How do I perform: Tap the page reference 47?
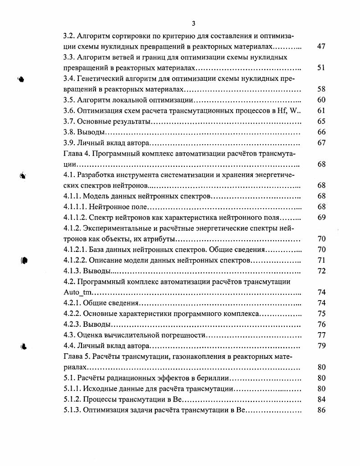321,46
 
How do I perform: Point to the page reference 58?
321,89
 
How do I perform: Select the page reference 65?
321,121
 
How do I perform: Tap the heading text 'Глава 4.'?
77,153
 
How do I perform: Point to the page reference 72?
321,271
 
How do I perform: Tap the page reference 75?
321,314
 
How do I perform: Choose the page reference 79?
321,346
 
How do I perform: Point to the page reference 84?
321,399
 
